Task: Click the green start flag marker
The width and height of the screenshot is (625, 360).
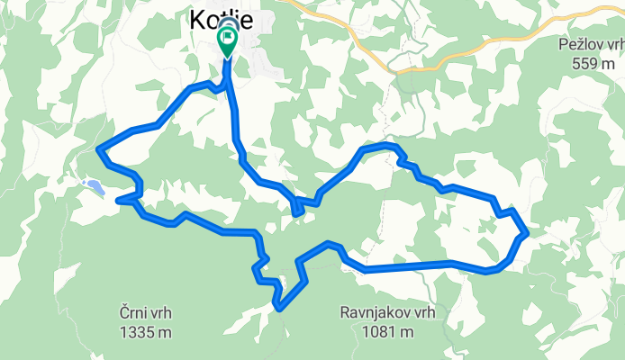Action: coord(226,39)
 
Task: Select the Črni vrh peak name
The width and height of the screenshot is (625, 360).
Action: coord(145,313)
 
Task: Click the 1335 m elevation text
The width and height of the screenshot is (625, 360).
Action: coord(145,331)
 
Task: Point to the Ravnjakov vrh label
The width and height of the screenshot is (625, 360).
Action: coord(387,313)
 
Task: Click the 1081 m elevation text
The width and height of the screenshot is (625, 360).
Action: coord(387,331)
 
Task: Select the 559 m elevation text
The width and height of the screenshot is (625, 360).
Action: coord(595,61)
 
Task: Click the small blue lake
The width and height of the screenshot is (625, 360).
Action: coord(93,187)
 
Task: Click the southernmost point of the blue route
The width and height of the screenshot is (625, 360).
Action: coord(280,309)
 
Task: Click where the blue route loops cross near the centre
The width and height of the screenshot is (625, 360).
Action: coord(297,209)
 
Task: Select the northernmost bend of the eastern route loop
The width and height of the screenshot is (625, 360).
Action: coord(383,145)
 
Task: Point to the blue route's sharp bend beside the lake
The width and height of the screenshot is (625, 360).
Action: coord(121,200)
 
